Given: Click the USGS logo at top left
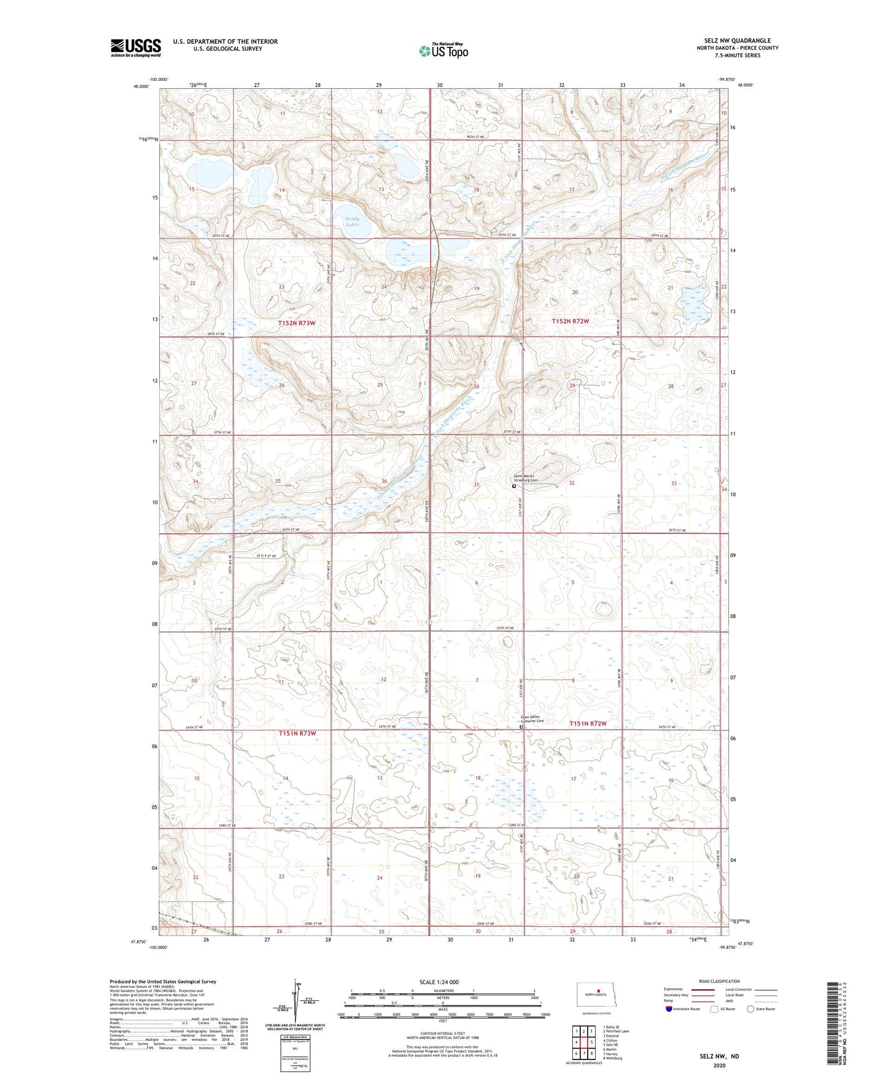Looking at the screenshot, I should pos(136,48).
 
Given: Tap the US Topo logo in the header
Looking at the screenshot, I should pos(443,51).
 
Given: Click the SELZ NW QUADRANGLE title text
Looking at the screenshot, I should pos(737,41).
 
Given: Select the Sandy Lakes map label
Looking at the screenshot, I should pos(352,221).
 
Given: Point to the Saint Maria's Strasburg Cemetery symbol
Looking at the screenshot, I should pos(514,486).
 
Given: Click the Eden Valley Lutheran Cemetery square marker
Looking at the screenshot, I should pos(521,727).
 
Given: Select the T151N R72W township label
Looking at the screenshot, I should pos(588,724).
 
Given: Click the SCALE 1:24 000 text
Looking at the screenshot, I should pos(439,982).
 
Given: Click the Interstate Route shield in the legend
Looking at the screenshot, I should pos(669,1009).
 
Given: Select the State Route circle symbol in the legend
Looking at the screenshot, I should pos(751,1009).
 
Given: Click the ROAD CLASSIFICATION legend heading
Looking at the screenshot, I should pos(719,981).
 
